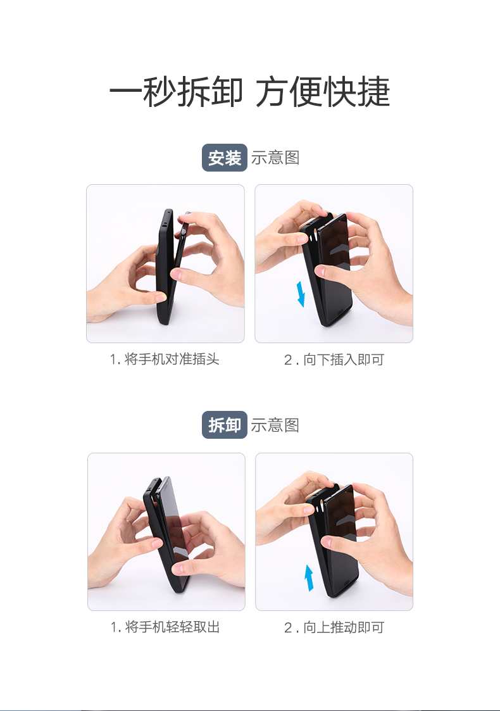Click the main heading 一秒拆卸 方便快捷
click(249, 92)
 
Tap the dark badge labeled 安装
click(224, 158)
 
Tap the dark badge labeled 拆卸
click(224, 425)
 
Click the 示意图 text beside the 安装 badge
click(275, 158)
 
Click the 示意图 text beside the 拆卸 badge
click(275, 425)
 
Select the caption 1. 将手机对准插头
click(165, 360)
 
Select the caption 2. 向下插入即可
click(334, 360)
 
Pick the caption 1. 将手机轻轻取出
click(165, 627)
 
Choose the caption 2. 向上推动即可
click(334, 628)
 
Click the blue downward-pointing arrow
click(301, 294)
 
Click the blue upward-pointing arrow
click(309, 577)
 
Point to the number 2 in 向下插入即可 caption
click(288, 360)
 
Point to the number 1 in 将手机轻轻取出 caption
click(114, 627)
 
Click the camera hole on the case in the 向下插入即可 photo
click(315, 236)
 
